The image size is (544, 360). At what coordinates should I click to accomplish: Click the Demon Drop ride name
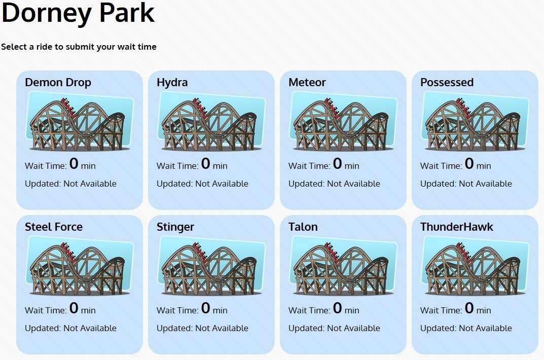(58, 83)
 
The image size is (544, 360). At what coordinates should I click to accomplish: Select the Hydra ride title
(172, 83)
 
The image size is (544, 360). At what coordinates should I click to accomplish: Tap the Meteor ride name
(307, 82)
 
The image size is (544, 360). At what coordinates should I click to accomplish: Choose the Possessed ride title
(447, 82)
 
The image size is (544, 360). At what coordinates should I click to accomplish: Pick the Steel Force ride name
(54, 227)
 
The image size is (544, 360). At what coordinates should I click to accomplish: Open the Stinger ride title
(175, 227)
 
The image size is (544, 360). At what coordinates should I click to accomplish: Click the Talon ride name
(303, 227)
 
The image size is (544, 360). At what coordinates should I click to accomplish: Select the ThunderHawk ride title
(457, 227)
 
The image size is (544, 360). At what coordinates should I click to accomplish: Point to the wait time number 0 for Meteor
(337, 163)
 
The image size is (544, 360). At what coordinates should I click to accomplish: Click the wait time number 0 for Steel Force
(74, 308)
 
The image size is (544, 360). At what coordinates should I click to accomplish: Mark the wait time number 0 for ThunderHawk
(469, 308)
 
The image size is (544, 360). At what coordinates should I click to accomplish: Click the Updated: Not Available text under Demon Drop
(71, 184)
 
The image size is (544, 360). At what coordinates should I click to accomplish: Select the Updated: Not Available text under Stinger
(203, 328)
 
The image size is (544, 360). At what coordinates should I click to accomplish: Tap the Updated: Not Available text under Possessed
(466, 184)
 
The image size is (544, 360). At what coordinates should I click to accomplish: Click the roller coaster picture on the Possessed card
(475, 121)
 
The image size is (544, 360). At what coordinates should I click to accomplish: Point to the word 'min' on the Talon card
(352, 310)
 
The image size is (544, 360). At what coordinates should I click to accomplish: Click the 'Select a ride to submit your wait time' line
(79, 47)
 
